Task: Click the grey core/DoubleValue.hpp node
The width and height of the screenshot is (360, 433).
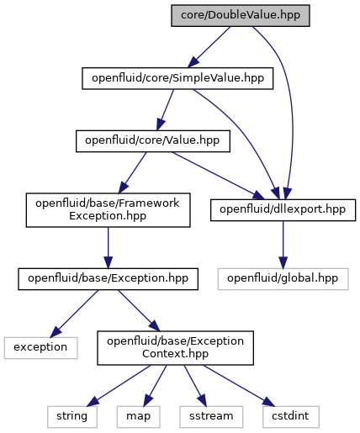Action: coord(241,16)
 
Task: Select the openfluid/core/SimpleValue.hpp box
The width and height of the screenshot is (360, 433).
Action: coord(177,78)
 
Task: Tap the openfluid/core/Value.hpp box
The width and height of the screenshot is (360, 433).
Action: coord(153,141)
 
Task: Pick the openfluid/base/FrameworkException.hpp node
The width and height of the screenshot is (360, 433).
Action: coord(108,210)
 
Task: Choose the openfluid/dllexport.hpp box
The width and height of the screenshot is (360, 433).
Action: coord(283,210)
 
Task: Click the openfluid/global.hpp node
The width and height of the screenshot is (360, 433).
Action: coord(283,279)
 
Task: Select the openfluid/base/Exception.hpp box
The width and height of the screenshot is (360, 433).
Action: coord(108,279)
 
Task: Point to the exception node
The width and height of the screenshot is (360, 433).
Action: coord(40,348)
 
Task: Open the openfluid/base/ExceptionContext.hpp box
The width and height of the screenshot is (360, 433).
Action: coord(175,348)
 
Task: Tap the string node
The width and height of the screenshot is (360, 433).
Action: coord(72,417)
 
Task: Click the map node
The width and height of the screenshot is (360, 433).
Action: coord(139,417)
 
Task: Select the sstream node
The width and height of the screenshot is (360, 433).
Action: coord(211,417)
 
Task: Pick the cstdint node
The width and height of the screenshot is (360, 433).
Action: coord(291,417)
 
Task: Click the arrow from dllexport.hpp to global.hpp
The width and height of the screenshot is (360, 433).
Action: coord(283,245)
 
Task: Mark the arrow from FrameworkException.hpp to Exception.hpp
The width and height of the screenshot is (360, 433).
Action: coord(108,248)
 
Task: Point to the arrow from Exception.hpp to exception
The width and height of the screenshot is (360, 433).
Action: coord(74,314)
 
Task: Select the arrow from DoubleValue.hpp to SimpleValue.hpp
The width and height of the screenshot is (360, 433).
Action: coord(209,47)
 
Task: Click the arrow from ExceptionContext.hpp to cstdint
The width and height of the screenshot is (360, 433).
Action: coord(239,386)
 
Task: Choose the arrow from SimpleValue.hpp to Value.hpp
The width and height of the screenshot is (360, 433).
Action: coord(165,110)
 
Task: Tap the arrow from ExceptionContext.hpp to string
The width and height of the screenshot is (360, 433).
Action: coord(119,386)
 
